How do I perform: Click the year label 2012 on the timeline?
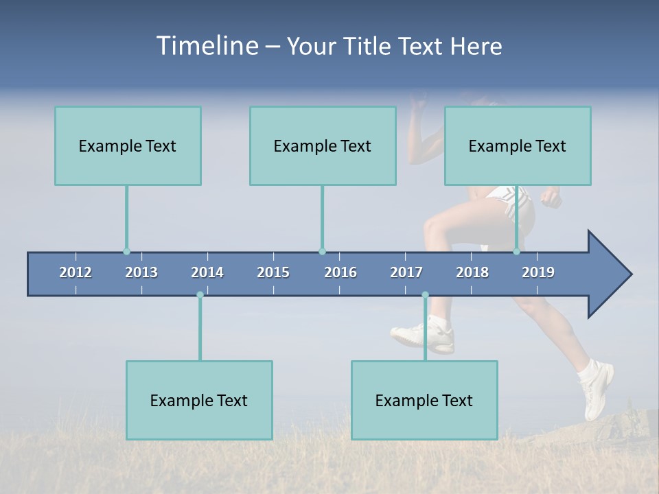click(x=76, y=272)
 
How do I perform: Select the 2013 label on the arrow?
click(x=141, y=272)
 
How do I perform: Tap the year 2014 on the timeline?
click(x=207, y=272)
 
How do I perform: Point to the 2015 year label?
click(x=273, y=272)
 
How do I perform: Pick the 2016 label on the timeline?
click(x=340, y=272)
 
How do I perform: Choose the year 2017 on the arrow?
click(x=406, y=272)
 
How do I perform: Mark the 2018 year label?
click(x=472, y=272)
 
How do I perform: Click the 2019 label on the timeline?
click(x=538, y=272)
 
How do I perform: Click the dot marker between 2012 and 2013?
click(x=126, y=252)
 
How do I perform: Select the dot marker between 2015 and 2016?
click(x=322, y=252)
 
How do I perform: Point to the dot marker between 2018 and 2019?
click(x=516, y=252)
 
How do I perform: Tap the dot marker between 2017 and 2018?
click(x=425, y=295)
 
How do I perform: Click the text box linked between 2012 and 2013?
click(x=128, y=146)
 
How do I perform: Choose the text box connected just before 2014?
click(x=199, y=400)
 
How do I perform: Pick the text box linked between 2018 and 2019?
click(x=518, y=146)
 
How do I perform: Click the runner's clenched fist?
click(x=551, y=198)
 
